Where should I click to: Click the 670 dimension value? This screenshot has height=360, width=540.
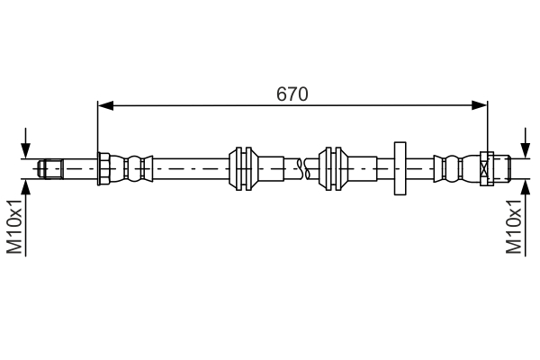coord(293,93)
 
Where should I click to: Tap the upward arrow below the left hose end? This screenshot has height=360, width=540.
coord(27,187)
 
